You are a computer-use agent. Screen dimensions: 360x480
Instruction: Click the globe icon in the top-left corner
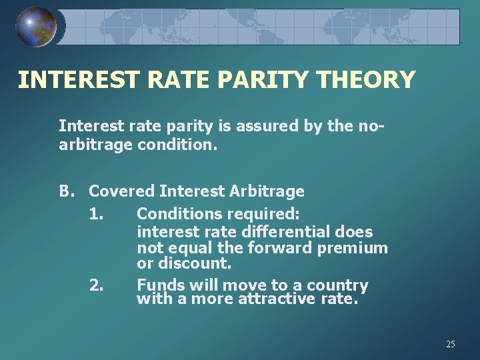35,27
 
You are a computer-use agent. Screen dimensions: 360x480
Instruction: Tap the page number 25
451,344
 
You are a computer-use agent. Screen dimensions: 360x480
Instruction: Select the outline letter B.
66,191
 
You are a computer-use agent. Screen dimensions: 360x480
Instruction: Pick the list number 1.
95,214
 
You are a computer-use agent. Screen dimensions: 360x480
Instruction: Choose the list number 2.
95,285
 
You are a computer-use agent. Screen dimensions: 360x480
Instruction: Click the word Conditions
180,214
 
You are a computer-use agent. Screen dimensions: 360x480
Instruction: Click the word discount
203,264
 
